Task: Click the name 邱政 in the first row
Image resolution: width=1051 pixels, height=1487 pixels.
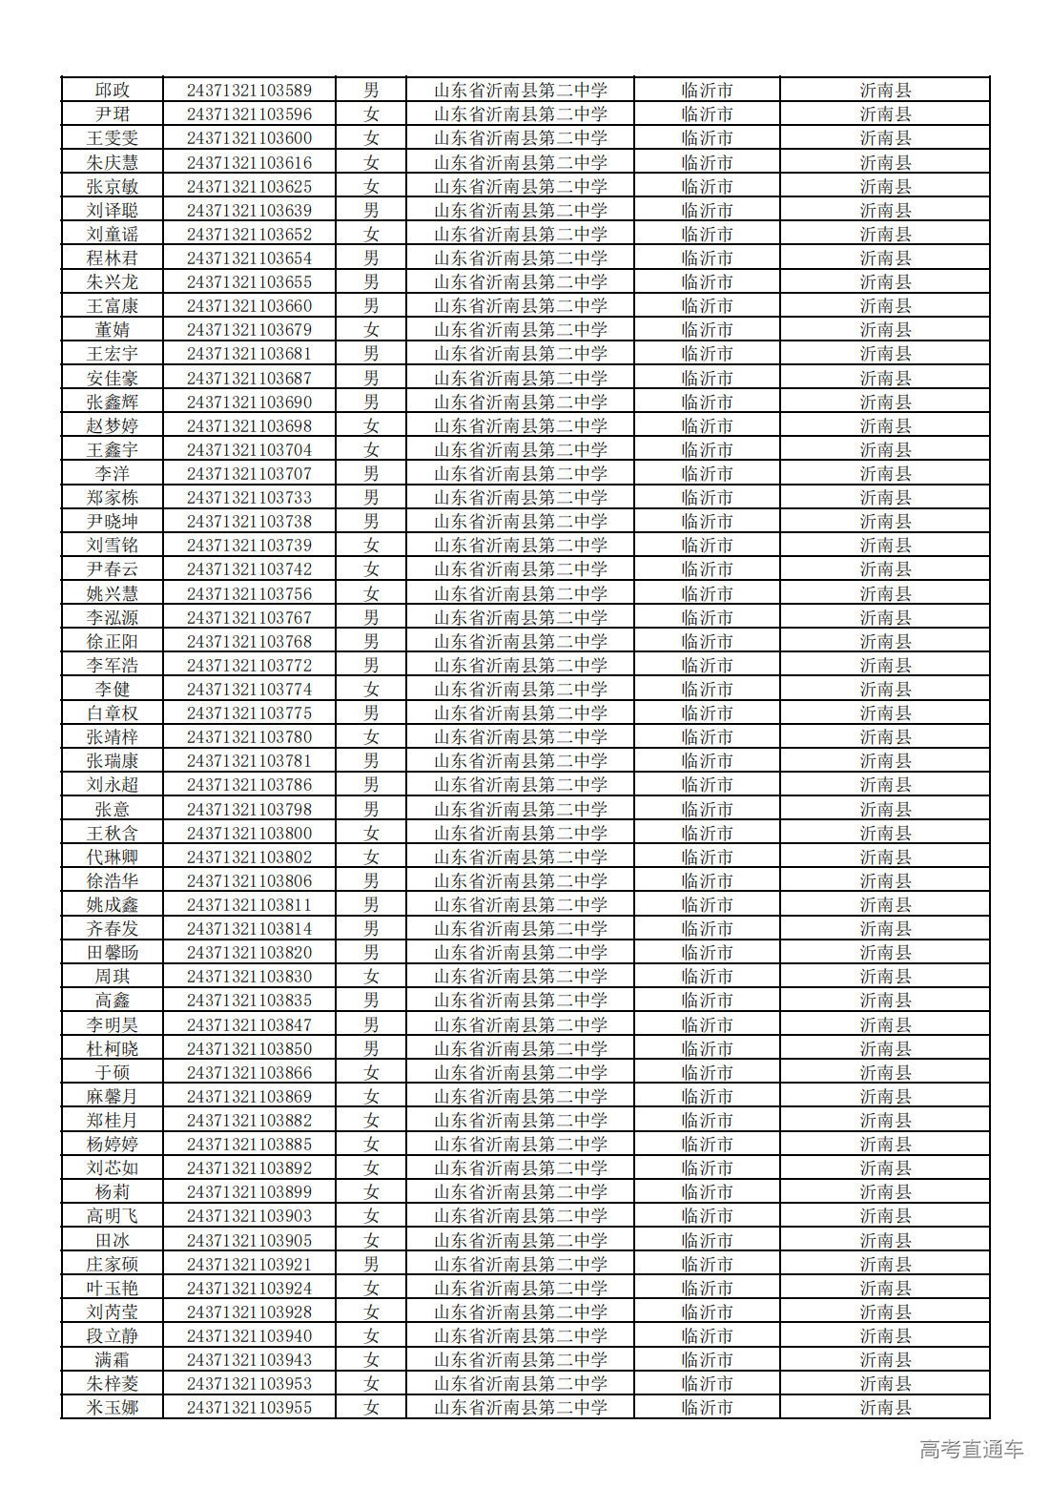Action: pos(113,91)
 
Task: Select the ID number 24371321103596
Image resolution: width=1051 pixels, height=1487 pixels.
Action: pos(249,114)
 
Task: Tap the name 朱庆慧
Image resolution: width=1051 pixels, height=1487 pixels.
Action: pos(113,163)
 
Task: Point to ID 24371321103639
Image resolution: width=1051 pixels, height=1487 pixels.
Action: pos(249,211)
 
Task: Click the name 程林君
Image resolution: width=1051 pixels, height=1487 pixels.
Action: pos(113,258)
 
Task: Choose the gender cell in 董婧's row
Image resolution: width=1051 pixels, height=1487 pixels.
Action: pos(371,330)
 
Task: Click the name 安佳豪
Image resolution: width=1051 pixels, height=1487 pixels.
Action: pos(113,379)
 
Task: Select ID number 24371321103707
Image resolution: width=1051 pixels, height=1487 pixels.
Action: pos(249,474)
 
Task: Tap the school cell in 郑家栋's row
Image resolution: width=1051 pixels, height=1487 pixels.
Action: pos(520,498)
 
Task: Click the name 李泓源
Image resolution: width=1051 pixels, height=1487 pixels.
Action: pos(113,618)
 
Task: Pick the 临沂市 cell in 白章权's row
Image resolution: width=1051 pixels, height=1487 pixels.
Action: pos(707,713)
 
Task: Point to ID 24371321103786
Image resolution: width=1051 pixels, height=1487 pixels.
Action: pos(249,785)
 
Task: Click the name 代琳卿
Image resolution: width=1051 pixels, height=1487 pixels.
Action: pos(113,857)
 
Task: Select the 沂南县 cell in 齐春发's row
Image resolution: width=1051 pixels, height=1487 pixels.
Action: pos(885,929)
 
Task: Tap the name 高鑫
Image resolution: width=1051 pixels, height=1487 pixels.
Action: pos(113,1001)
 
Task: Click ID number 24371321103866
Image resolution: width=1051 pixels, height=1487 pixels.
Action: pos(249,1073)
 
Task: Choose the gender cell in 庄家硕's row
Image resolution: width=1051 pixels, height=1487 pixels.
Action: pos(371,1265)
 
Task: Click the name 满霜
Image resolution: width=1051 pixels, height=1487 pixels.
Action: pos(113,1360)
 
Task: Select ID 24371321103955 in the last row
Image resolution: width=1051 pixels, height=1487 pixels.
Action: pos(249,1408)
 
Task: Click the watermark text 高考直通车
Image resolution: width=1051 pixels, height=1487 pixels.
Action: pos(971,1450)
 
